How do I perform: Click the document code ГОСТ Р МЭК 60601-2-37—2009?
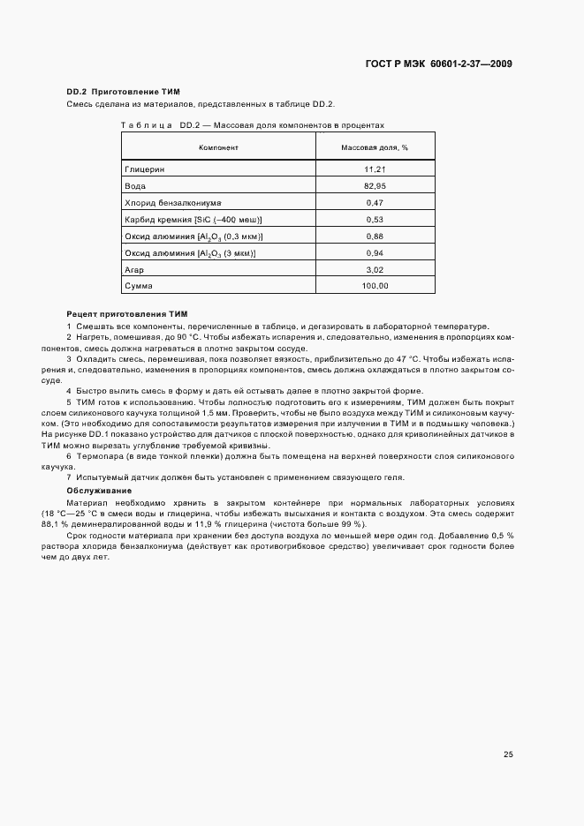tap(438, 64)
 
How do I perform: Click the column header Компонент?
tap(218, 146)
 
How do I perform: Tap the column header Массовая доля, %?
tap(375, 146)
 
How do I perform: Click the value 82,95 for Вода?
tap(375, 186)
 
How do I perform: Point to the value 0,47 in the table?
tap(375, 203)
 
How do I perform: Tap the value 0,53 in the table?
tap(375, 219)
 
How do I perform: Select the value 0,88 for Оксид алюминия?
tap(375, 237)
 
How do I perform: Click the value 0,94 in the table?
tap(375, 253)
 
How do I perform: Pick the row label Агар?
tap(136, 270)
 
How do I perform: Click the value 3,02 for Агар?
tap(375, 270)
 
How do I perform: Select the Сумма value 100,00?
tap(375, 286)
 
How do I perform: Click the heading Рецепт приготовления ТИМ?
tap(127, 314)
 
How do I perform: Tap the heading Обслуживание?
tap(99, 490)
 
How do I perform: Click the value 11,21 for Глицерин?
tap(375, 168)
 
